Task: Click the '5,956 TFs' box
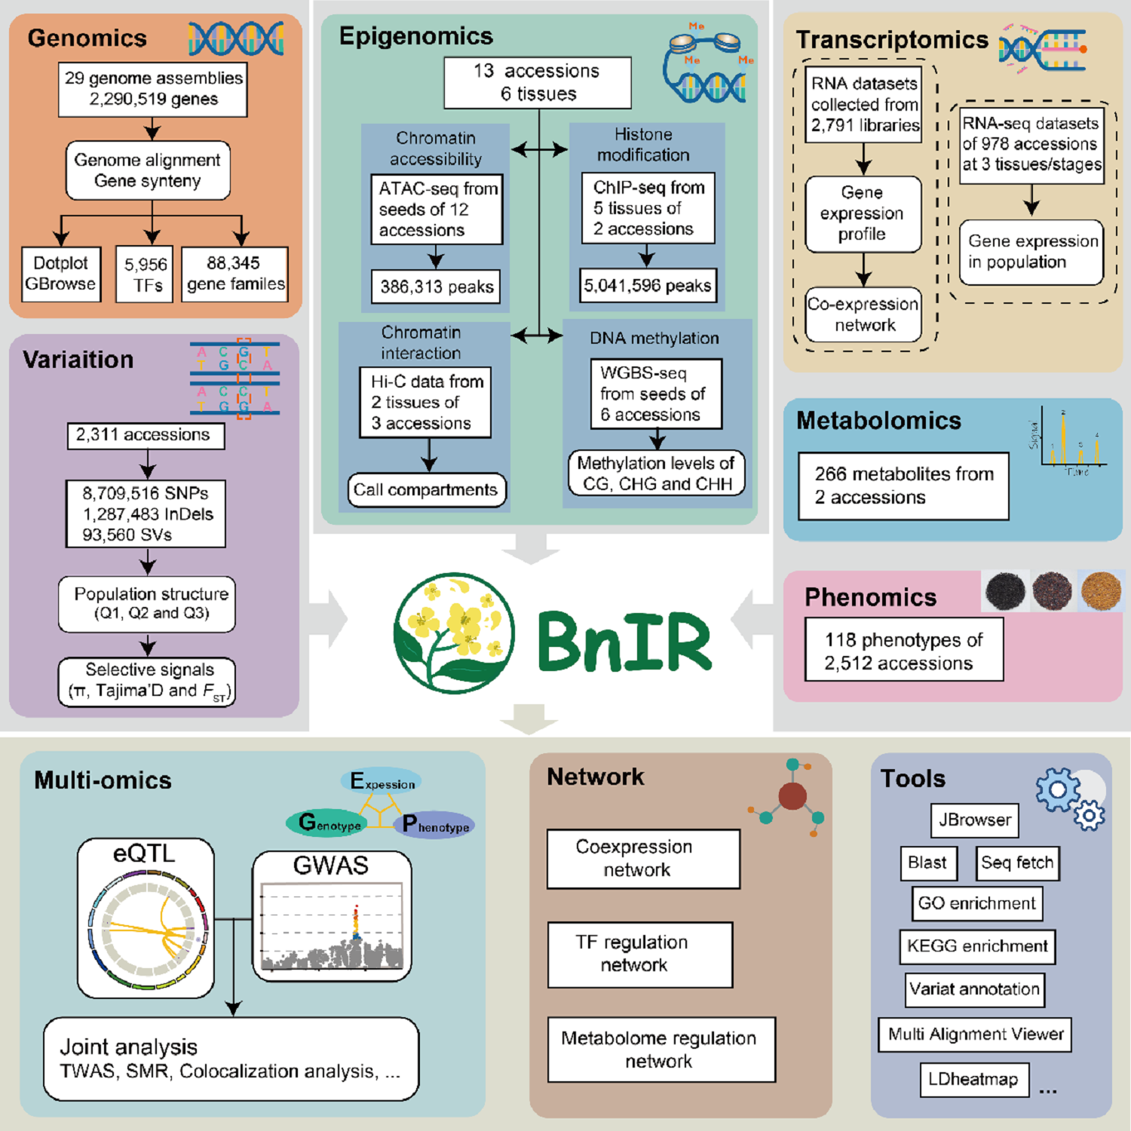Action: pyautogui.click(x=144, y=274)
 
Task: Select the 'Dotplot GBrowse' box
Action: pyautogui.click(x=61, y=274)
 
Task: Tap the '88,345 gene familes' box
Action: pyautogui.click(x=234, y=274)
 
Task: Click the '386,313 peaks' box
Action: pyautogui.click(x=436, y=287)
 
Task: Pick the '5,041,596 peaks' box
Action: pyautogui.click(x=647, y=286)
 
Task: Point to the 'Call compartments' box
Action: pyautogui.click(x=426, y=490)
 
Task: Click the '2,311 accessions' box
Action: pyautogui.click(x=146, y=435)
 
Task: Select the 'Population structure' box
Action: pyautogui.click(x=147, y=604)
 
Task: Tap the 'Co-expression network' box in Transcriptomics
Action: pyautogui.click(x=863, y=315)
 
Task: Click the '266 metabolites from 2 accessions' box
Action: pyautogui.click(x=903, y=486)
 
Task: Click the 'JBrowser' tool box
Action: pyautogui.click(x=974, y=820)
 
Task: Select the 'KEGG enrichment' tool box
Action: pyautogui.click(x=977, y=946)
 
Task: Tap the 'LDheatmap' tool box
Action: pyautogui.click(x=974, y=1080)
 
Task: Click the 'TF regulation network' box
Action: pyautogui.click(x=639, y=955)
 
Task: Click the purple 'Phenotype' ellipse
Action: pyautogui.click(x=435, y=826)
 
